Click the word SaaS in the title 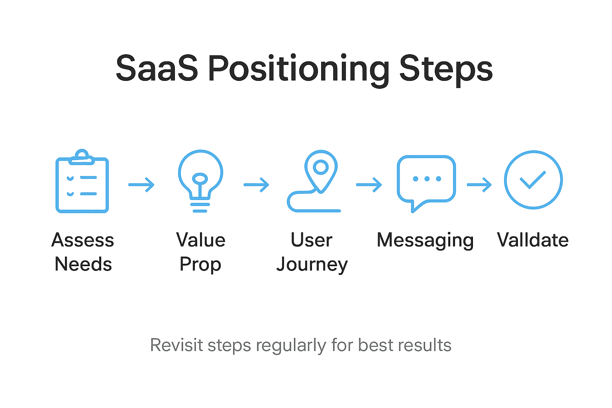point(157,69)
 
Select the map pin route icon point(315,181)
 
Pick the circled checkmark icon point(533,180)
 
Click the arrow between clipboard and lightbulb point(141,185)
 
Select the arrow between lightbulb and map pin point(257,185)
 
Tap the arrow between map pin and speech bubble point(369,185)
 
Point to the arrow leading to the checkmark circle point(479,185)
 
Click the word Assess point(83,240)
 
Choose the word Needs point(83,264)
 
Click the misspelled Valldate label point(533,240)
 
